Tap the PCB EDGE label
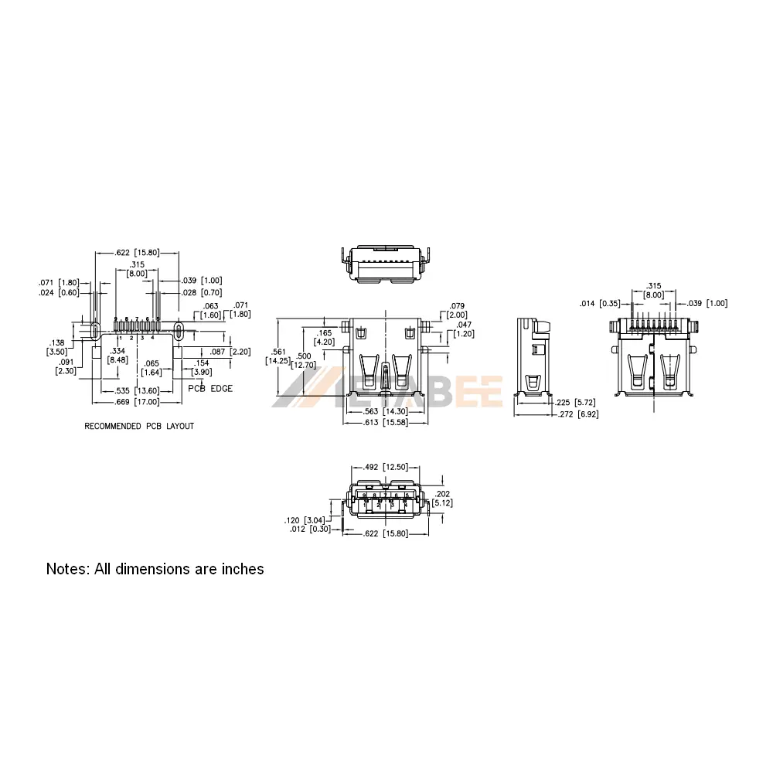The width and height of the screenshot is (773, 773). [x=210, y=389]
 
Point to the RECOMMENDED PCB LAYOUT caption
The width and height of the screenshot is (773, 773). [x=139, y=426]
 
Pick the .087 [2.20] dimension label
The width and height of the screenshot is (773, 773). [x=230, y=352]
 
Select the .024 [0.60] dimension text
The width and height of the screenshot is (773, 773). [x=58, y=293]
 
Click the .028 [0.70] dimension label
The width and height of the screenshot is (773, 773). [x=201, y=293]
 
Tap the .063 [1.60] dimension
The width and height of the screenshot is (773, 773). [x=211, y=311]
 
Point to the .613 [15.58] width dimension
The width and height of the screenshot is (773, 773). [x=386, y=422]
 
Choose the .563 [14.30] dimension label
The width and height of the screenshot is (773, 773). [x=386, y=412]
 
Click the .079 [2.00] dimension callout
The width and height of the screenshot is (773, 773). [x=457, y=311]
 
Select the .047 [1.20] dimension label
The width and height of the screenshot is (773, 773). [x=465, y=329]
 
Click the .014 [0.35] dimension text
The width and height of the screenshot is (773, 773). [x=600, y=304]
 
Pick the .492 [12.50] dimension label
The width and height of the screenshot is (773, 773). [x=385, y=467]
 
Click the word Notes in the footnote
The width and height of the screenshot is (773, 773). [x=66, y=569]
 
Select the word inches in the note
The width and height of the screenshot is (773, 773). [x=241, y=569]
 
